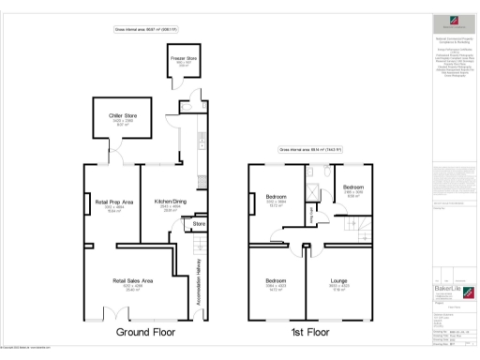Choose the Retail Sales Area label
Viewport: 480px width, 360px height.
coord(132,280)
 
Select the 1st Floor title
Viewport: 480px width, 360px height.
coord(311,333)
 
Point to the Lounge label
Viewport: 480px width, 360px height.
coord(339,280)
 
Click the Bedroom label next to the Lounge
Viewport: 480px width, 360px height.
coord(276,280)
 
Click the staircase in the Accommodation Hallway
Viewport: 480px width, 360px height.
coord(200,248)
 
